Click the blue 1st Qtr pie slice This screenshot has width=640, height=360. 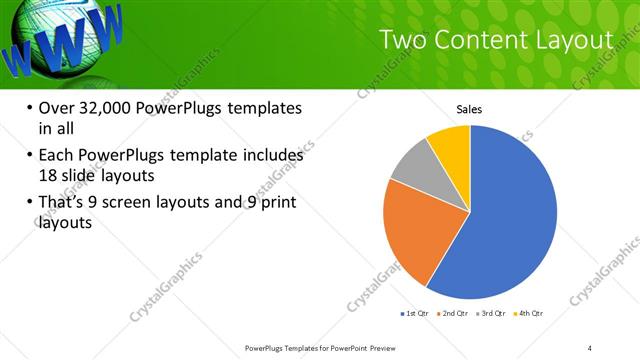pyautogui.click(x=510, y=215)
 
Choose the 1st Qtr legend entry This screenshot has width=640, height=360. pyautogui.click(x=416, y=313)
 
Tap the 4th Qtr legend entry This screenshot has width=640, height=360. pyautogui.click(x=530, y=313)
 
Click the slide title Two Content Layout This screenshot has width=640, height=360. pyautogui.click(x=496, y=40)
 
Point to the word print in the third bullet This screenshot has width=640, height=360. pyautogui.click(x=276, y=203)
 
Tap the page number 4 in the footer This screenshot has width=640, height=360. pyautogui.click(x=590, y=347)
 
